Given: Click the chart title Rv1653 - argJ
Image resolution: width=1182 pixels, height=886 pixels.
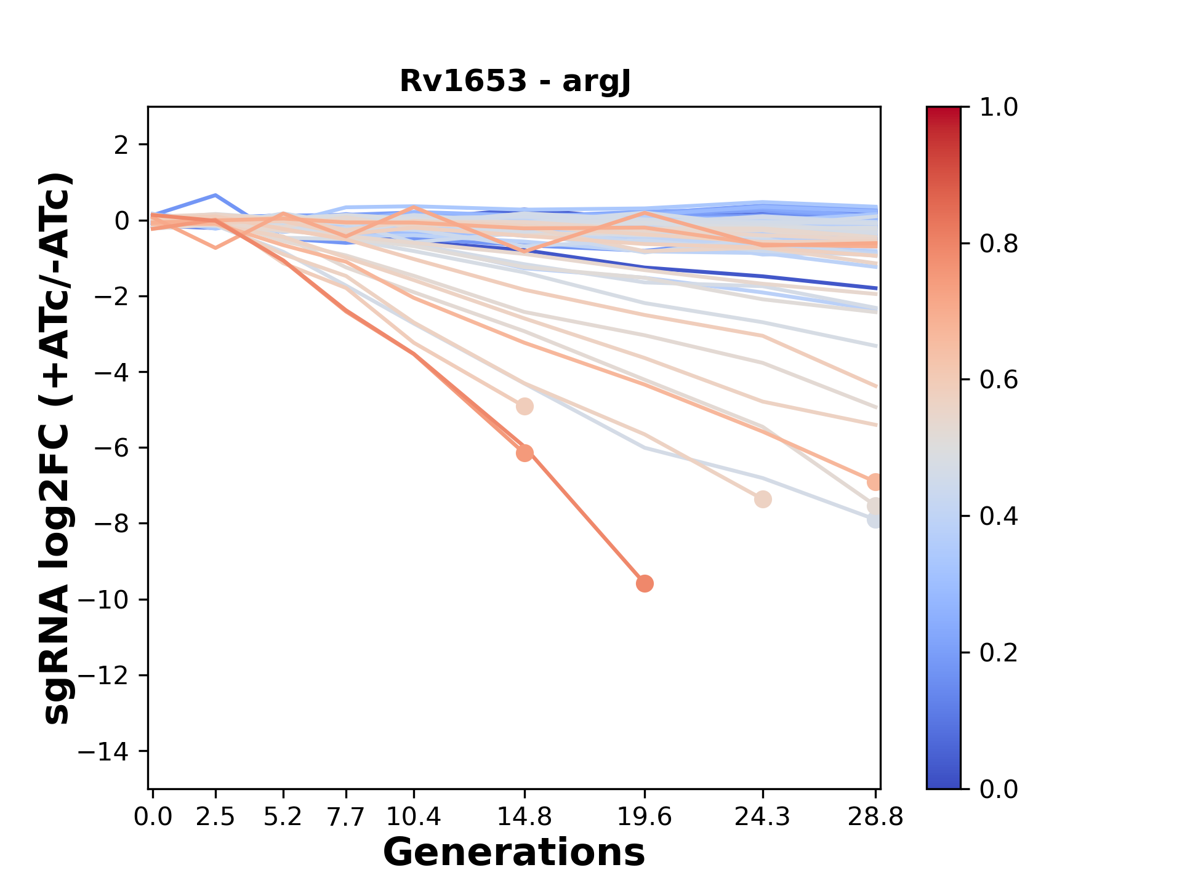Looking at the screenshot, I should [515, 81].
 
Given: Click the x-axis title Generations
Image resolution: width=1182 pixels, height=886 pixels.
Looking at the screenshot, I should [514, 853].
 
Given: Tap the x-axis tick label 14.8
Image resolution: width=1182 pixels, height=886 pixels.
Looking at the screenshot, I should [524, 817].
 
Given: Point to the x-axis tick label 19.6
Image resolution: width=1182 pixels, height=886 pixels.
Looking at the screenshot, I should [645, 817].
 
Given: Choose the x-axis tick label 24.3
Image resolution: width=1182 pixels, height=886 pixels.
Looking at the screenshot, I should [763, 817].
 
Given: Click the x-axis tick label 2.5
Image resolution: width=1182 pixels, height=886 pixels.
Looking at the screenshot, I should [215, 817].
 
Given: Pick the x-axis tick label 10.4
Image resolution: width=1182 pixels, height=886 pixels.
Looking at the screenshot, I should [414, 817].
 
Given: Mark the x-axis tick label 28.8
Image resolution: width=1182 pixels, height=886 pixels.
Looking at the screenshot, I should [875, 817].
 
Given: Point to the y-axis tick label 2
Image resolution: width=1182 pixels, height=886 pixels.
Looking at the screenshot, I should [122, 145].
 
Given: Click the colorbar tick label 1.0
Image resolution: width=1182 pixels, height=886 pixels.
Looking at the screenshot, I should [999, 108].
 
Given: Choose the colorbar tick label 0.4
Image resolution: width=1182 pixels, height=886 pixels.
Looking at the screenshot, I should [999, 516].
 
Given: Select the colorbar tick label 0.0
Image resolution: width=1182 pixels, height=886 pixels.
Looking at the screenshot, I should [999, 789].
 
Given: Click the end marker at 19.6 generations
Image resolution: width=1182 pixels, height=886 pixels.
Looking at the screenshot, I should [645, 583].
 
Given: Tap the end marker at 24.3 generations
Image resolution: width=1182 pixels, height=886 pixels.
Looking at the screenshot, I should [763, 499].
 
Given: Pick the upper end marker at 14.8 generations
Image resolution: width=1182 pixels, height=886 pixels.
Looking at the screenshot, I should [525, 406].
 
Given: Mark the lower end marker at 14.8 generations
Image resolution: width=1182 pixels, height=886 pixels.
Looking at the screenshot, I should [525, 453].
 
